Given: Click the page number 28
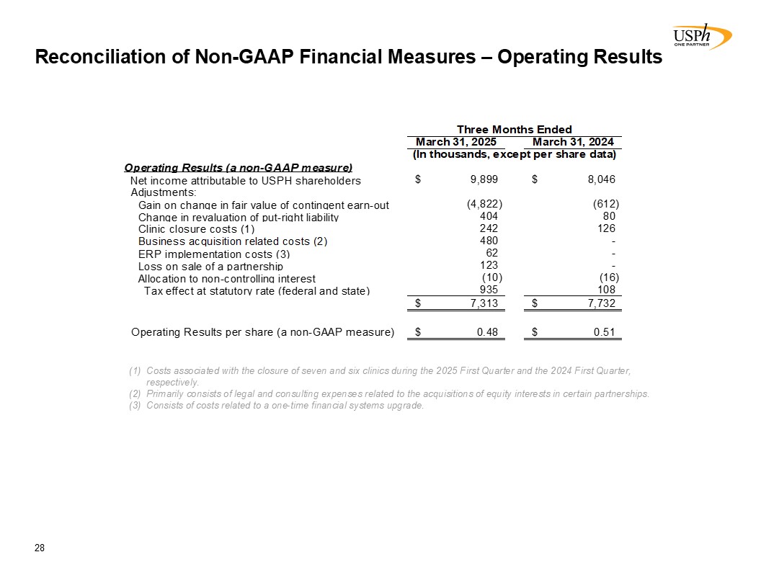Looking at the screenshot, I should (x=40, y=548).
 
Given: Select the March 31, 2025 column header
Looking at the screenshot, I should (x=456, y=143).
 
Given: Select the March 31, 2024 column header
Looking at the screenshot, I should (x=573, y=143).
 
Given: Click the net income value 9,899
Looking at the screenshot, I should (x=484, y=180).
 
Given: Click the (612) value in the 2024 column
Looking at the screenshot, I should (x=605, y=205).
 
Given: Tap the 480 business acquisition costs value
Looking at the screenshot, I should (x=489, y=241).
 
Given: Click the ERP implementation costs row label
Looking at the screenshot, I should (x=213, y=254).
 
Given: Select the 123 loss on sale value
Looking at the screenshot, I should (x=489, y=266).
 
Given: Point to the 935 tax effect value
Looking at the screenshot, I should (x=489, y=290).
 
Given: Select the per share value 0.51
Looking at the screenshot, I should (x=605, y=332).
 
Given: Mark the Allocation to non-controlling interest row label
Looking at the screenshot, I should (x=226, y=278).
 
